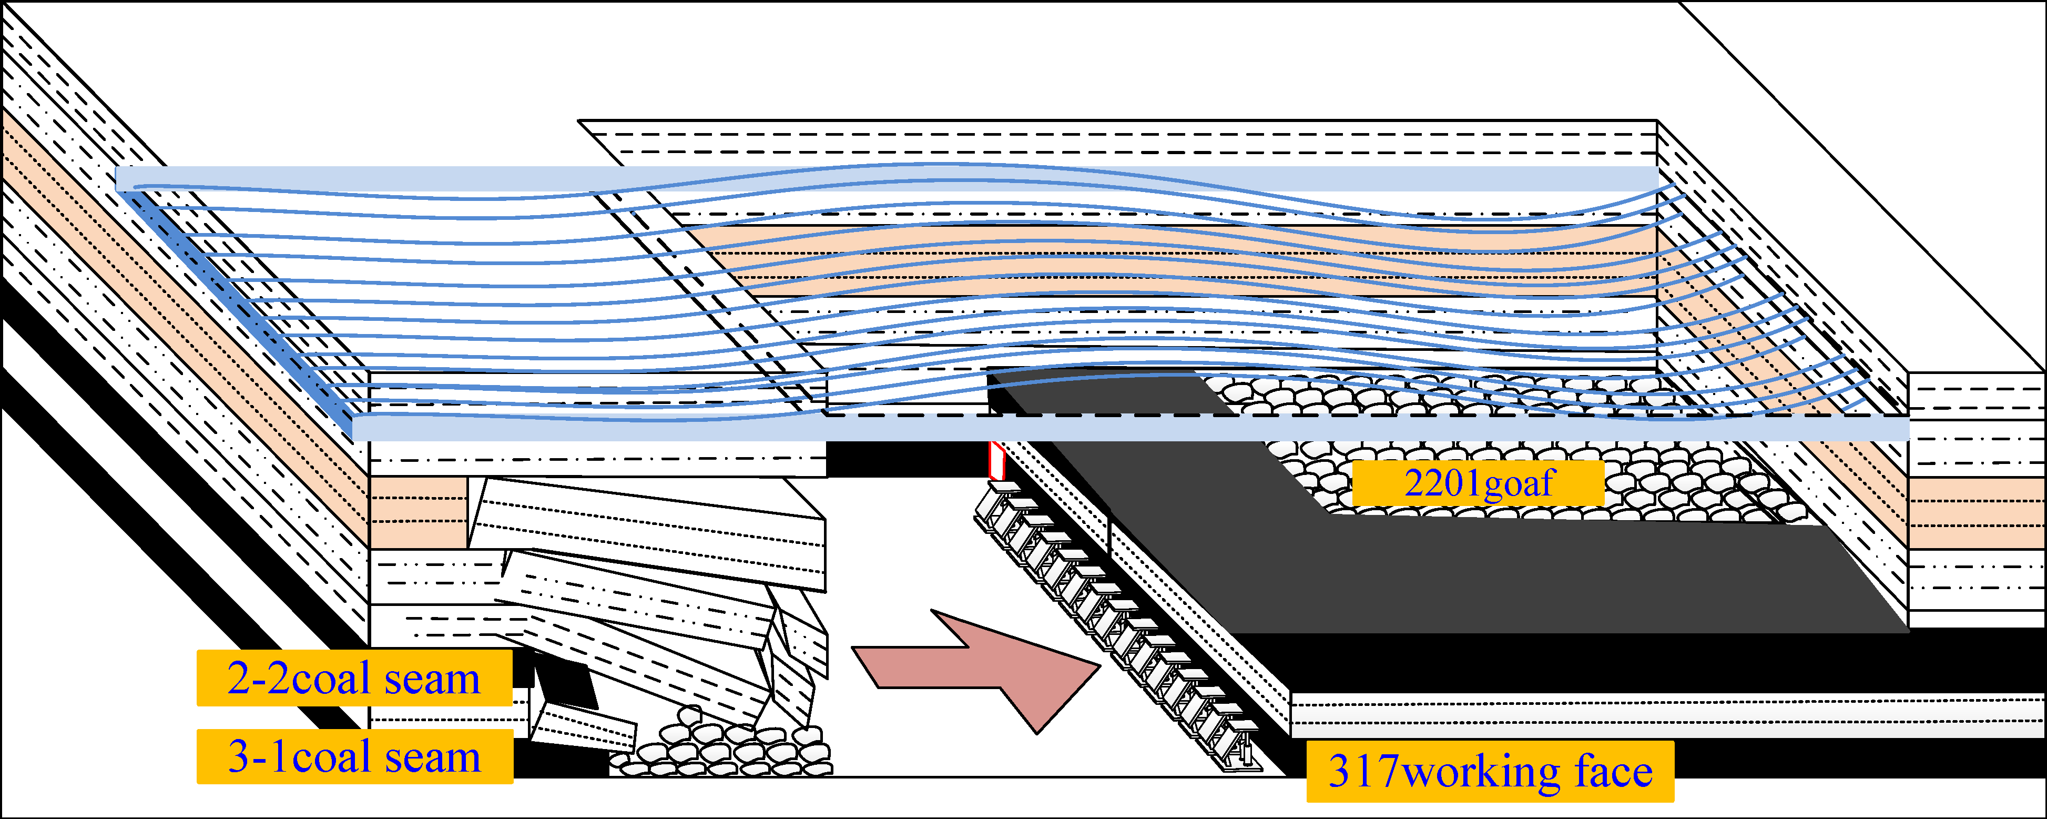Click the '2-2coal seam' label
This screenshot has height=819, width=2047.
[x=354, y=678]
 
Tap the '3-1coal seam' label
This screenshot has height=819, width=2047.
[x=354, y=756]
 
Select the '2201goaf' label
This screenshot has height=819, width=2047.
[x=1478, y=483]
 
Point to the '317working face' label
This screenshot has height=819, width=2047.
[x=1490, y=771]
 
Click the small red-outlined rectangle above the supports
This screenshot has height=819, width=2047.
[x=996, y=460]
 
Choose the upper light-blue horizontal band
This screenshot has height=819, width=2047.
[x=874, y=178]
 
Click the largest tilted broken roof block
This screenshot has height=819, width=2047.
[x=648, y=533]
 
